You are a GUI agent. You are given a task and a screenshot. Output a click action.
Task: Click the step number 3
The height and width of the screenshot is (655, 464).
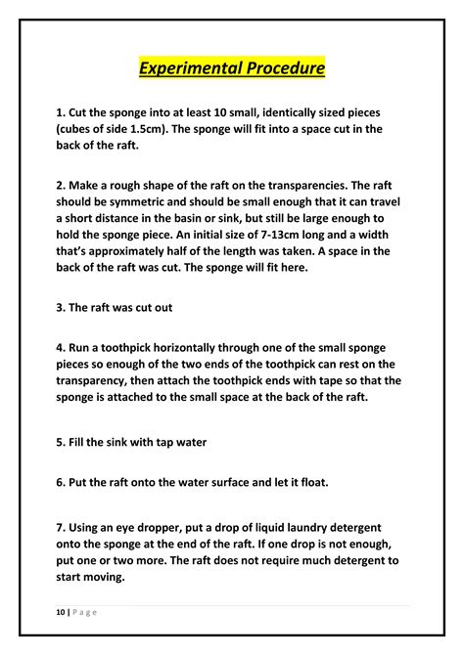(61, 307)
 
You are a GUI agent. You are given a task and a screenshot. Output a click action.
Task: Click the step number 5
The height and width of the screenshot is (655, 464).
(61, 440)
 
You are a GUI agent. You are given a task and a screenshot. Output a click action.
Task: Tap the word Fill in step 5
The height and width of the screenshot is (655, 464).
(81, 440)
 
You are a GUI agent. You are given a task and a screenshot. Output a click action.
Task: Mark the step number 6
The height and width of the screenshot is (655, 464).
(61, 481)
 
